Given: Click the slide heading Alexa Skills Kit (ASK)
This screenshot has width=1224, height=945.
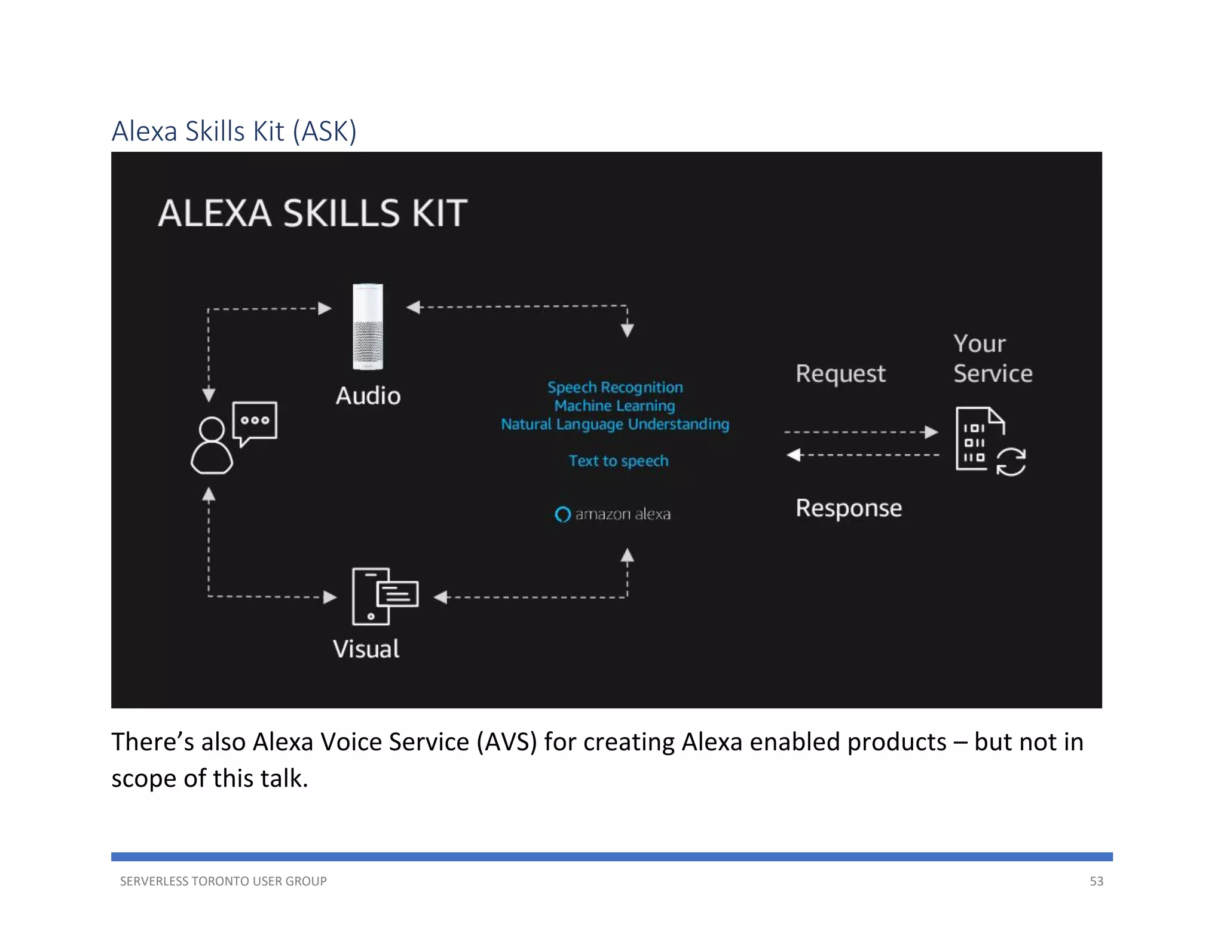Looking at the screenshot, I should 234,131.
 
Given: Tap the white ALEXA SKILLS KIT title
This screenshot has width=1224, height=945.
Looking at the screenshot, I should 313,213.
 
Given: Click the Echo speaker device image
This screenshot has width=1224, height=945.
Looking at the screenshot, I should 368,327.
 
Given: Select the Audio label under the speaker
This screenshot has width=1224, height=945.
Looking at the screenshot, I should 368,395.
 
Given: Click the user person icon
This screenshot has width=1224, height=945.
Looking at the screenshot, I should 211,446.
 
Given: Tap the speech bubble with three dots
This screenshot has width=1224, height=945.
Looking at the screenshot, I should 255,422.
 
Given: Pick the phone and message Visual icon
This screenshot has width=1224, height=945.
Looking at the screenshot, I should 384,596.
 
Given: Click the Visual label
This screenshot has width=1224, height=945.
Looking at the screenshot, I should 366,649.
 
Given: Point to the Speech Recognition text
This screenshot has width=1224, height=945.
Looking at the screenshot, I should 615,387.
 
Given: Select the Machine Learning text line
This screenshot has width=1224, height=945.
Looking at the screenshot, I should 614,406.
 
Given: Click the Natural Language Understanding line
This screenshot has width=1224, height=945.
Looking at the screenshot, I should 615,424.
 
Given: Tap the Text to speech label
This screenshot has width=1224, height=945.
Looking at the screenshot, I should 618,461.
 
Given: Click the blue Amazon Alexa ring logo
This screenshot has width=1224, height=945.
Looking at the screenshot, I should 562,514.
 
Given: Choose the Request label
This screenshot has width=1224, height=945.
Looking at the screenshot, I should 840,373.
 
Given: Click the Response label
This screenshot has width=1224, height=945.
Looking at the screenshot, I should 848,508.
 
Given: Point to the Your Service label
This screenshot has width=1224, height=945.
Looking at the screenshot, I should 992,358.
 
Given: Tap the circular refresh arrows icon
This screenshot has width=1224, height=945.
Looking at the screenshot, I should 1011,462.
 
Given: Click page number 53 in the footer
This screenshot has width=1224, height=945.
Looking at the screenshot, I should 1096,881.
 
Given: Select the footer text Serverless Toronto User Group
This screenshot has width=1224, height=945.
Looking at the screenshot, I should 223,881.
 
